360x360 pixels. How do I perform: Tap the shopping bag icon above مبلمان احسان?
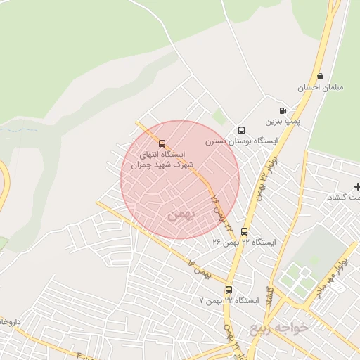point(321,76)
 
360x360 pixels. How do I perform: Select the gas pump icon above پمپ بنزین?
point(283,110)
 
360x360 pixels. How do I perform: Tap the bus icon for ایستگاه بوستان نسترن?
point(241,130)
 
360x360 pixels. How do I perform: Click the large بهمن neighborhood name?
point(178,214)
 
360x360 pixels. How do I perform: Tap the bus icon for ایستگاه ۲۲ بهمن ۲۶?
point(244,231)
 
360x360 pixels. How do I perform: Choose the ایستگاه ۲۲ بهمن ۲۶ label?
point(244,242)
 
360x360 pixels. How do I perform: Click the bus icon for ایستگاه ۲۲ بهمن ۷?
point(229,290)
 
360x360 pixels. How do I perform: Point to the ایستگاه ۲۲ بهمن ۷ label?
point(229,300)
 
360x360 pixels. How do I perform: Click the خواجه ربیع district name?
point(279,328)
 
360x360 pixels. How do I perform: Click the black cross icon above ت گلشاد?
point(358,186)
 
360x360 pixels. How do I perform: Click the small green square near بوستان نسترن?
point(220,116)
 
